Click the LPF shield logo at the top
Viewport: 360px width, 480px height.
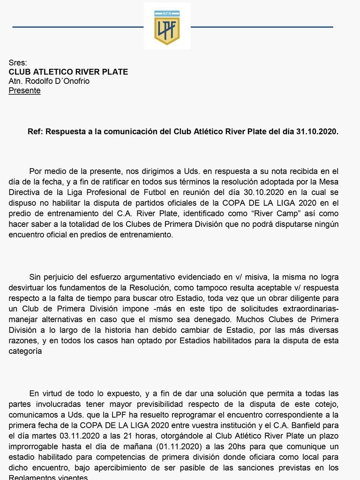coord(167,27)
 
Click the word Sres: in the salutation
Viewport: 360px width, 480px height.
coord(18,63)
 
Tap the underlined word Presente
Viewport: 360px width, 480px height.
coord(24,90)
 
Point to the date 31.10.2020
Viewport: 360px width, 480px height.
coord(317,132)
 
